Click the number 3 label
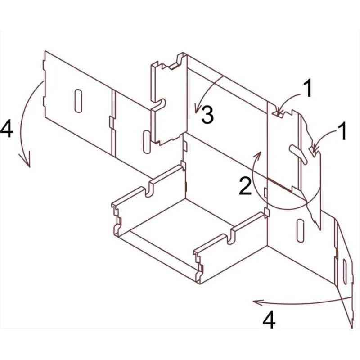tap(207, 114)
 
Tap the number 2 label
tap(245, 186)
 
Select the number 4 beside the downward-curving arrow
tap(6, 130)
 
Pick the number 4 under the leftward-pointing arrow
tap(269, 320)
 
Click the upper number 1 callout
tap(308, 89)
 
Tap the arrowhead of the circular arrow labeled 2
tap(257, 156)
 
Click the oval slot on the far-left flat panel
tap(78, 101)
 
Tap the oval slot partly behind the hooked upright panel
tap(147, 142)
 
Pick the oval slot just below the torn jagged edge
tap(300, 231)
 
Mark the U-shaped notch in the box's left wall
tap(148, 189)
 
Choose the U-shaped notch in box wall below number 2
tap(231, 237)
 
